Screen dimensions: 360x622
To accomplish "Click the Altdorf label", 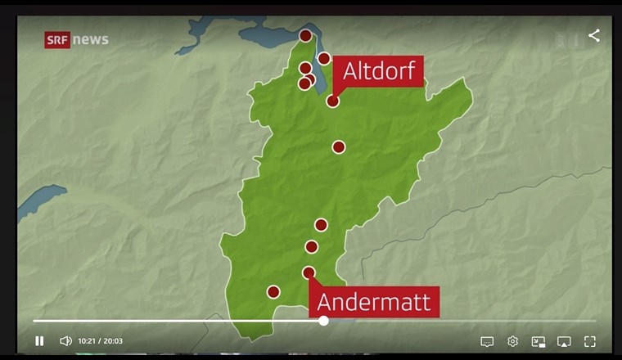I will click(x=381, y=71).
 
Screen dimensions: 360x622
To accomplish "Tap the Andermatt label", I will click(x=373, y=302).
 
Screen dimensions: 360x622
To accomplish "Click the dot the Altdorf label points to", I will click(x=333, y=101).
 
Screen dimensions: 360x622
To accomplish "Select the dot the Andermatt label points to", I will click(x=309, y=272).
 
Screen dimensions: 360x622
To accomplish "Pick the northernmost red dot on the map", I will click(x=305, y=35).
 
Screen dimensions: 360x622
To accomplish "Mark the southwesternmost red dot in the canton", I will click(x=273, y=291).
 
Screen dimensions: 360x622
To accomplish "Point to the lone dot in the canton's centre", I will click(x=338, y=147).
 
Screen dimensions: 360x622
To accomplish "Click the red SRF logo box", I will click(x=57, y=39).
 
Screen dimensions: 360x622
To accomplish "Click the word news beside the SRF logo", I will click(x=91, y=39).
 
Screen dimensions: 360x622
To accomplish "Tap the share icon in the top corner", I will click(x=594, y=35).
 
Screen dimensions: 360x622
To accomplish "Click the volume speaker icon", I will click(x=65, y=341).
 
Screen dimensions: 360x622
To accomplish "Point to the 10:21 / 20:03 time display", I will click(x=101, y=341).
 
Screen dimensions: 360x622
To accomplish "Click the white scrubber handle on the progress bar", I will click(x=323, y=321).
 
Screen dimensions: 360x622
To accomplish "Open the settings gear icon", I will click(x=513, y=341).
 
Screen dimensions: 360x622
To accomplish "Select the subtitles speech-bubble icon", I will click(x=487, y=341).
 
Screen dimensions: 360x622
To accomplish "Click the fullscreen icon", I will click(x=589, y=341).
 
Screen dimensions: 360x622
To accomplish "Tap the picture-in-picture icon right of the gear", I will click(x=539, y=341).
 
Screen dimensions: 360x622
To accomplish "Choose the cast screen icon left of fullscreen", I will click(x=564, y=341).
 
